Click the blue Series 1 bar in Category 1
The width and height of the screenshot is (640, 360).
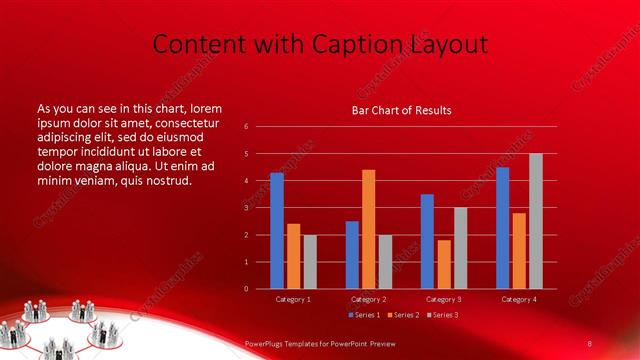pos(277,231)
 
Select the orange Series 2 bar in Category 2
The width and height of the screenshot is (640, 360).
pos(368,229)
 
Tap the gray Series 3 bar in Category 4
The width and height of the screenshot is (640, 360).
pos(535,221)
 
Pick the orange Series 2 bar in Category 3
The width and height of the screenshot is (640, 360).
pos(444,264)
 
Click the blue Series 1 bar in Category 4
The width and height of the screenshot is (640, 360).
pos(503,228)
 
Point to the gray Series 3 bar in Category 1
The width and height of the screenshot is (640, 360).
pos(309,262)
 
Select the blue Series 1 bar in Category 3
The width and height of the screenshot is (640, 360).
pos(427,241)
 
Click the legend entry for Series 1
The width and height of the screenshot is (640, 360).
pos(364,315)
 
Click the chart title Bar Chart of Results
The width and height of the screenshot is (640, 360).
pos(401,110)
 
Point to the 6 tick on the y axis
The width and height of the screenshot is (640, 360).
pos(246,127)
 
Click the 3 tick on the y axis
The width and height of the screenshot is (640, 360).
pos(246,208)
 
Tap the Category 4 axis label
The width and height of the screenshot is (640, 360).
pos(518,299)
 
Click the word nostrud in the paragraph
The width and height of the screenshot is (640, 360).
pos(165,181)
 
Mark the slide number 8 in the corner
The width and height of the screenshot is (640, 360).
pos(590,343)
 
